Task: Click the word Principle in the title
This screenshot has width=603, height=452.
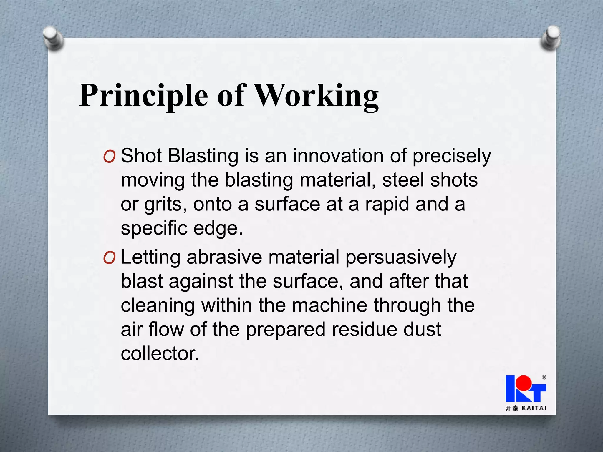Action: (143, 96)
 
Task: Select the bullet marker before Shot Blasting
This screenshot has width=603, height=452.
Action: (109, 157)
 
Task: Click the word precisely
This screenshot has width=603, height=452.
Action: (451, 156)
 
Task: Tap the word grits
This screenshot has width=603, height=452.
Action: (165, 205)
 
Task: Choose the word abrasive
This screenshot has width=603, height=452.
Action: (224, 257)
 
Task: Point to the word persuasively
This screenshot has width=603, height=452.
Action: (401, 257)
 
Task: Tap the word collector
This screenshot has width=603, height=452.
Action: (160, 353)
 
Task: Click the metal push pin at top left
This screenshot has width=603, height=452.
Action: (52, 38)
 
